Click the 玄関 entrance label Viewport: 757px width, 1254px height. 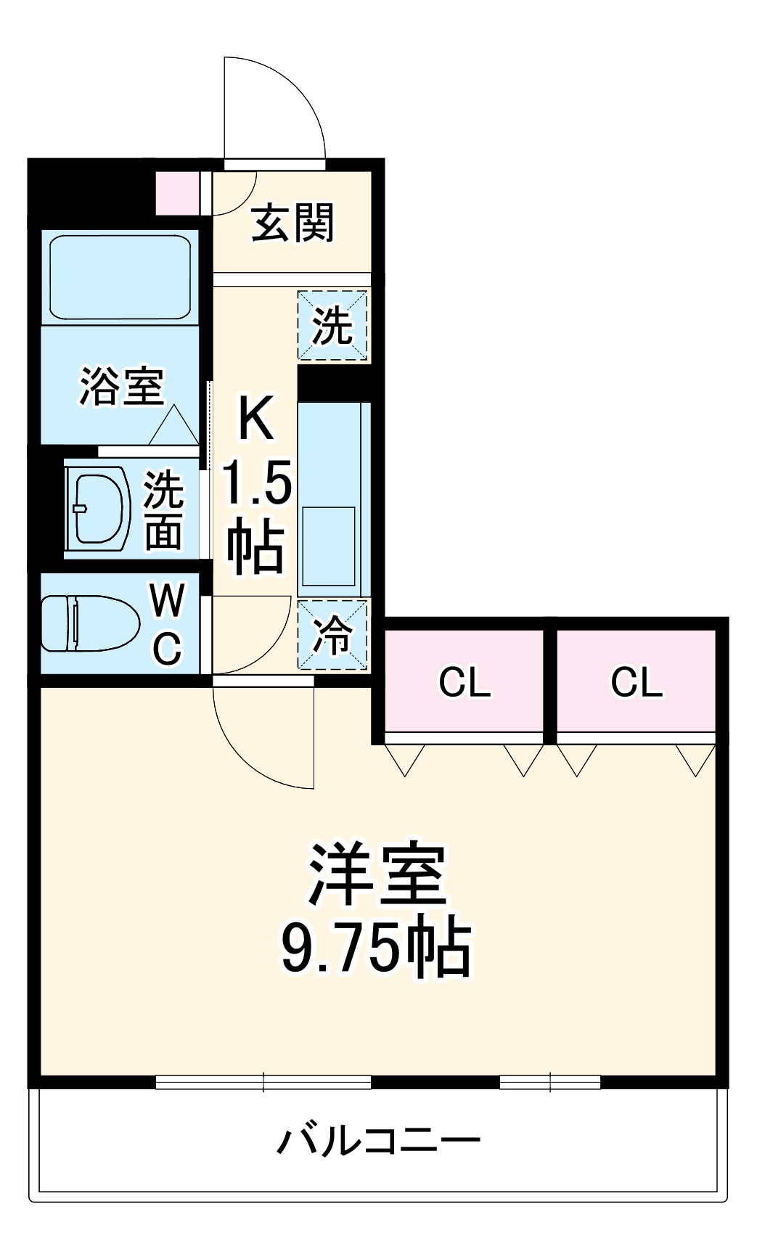tap(292, 223)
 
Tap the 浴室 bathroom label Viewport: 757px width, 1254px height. tap(121, 386)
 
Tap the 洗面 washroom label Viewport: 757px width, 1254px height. tap(163, 509)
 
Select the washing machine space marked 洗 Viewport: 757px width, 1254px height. tap(332, 325)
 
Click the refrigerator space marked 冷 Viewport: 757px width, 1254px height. tap(332, 635)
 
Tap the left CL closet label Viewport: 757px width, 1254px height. tap(465, 682)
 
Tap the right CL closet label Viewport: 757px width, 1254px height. tap(637, 682)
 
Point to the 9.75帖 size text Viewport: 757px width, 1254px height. tap(377, 947)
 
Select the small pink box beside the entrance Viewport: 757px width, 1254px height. tap(178, 193)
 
